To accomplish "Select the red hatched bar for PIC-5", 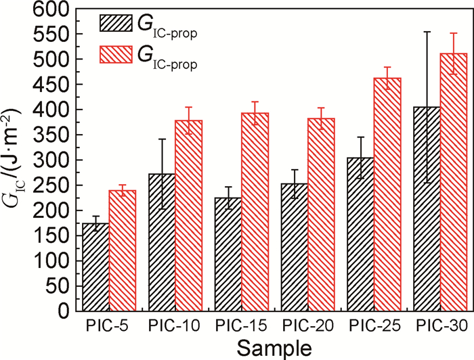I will point(123,250).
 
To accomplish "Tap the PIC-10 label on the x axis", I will point(175,327).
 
